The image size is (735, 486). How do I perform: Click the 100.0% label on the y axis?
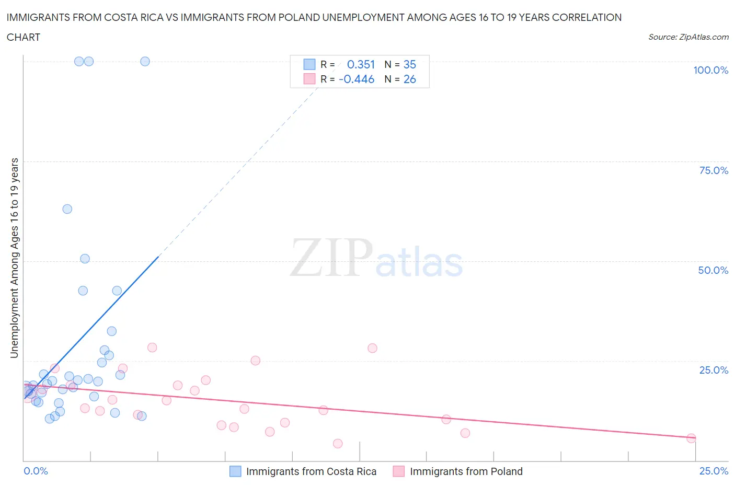(x=710, y=70)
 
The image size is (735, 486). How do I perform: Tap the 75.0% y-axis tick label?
(x=714, y=170)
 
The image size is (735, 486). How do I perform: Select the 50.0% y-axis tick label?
(x=713, y=270)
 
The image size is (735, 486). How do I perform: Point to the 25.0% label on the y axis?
(x=714, y=370)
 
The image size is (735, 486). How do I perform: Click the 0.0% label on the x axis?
(x=36, y=471)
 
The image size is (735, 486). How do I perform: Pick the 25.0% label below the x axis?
(x=714, y=471)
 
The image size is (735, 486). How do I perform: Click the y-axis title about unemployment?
(x=14, y=258)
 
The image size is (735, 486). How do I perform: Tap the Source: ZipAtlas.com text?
(x=688, y=37)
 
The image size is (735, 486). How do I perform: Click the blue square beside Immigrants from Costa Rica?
(x=236, y=471)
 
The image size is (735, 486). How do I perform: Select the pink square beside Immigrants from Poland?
(x=399, y=471)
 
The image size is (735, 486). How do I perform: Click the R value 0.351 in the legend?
(x=361, y=64)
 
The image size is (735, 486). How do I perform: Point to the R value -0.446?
(x=357, y=79)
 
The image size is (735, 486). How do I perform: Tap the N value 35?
(x=409, y=64)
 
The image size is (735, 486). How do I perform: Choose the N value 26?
(x=409, y=79)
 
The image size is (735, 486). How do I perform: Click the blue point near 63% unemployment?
(x=67, y=209)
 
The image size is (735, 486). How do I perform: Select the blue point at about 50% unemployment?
(x=85, y=259)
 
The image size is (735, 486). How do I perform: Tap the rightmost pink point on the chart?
(x=691, y=438)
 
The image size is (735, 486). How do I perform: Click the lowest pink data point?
(x=338, y=444)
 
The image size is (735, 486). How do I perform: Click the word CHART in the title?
(x=24, y=37)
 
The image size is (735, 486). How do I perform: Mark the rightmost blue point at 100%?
(x=145, y=61)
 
